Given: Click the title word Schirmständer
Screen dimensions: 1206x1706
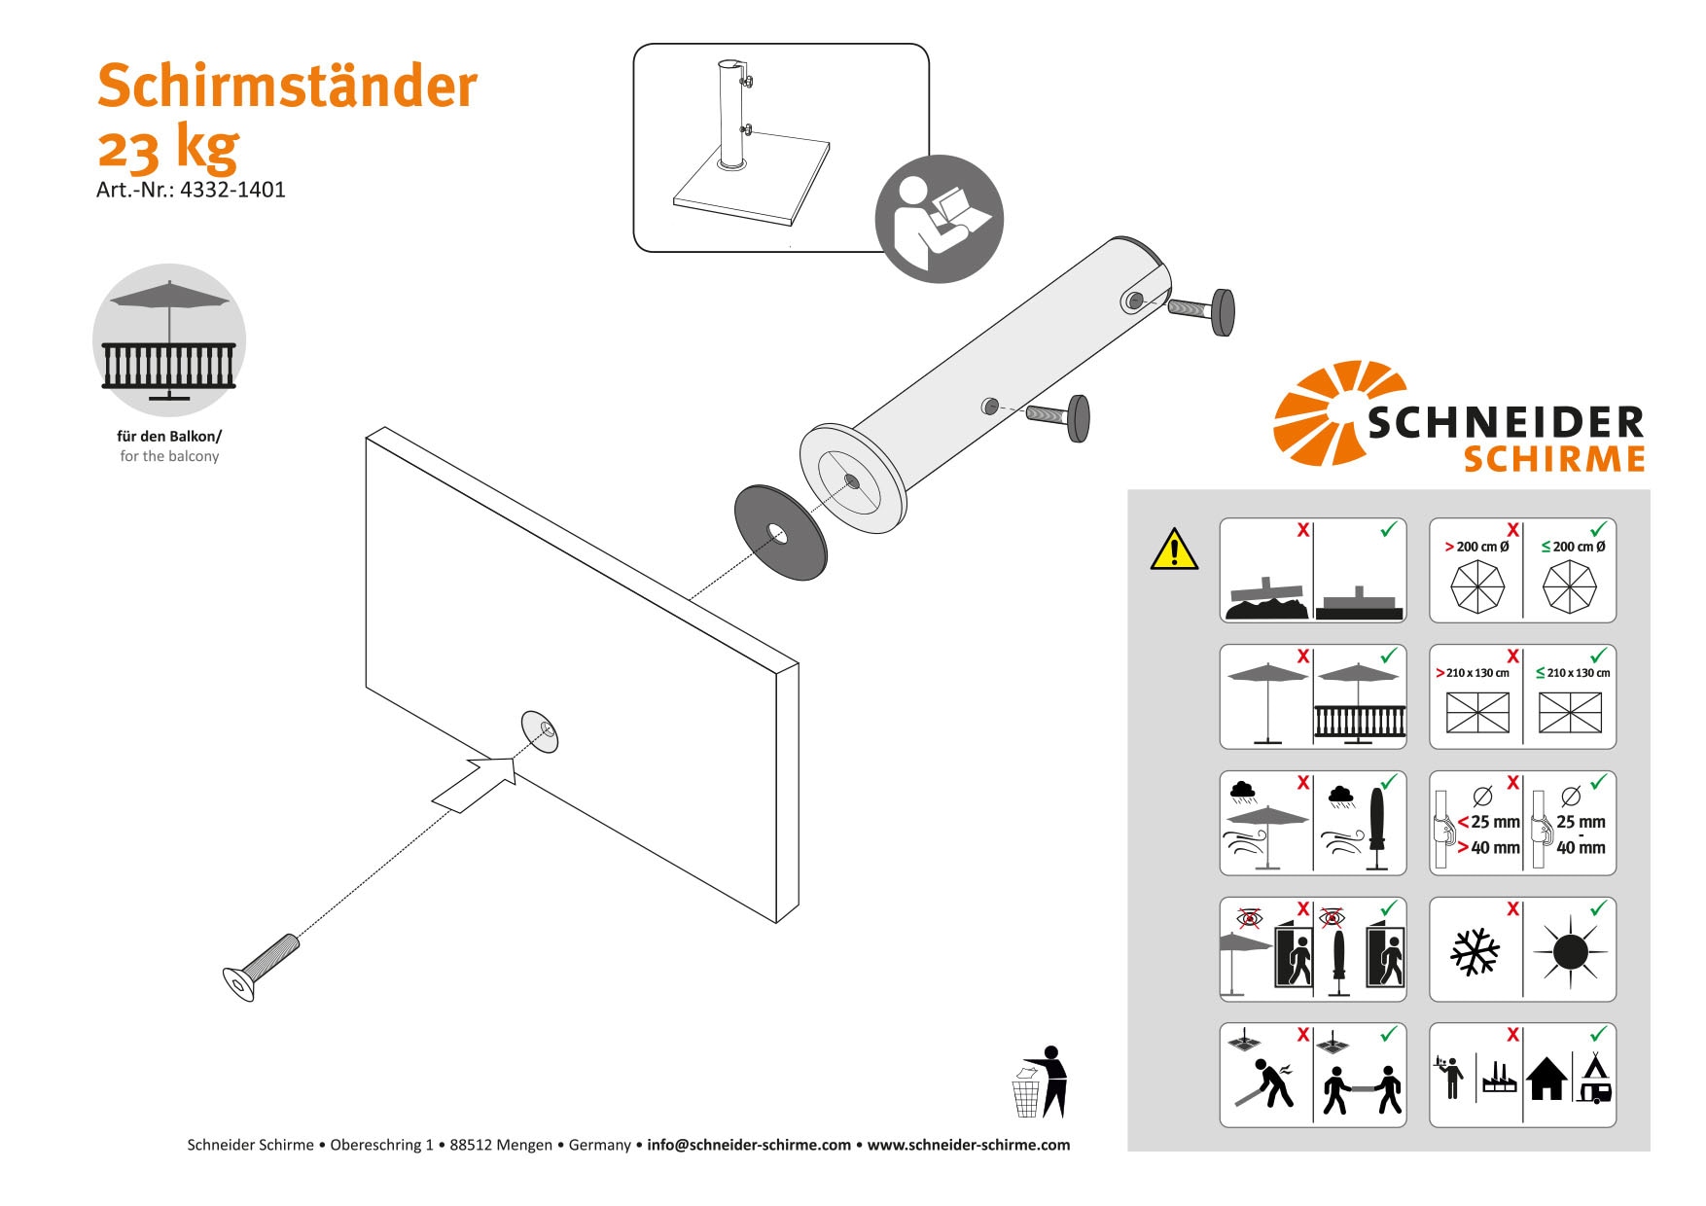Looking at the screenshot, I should click(287, 86).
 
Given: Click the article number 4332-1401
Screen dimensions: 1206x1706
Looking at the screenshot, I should click(232, 190).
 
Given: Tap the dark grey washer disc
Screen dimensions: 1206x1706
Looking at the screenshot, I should click(780, 533).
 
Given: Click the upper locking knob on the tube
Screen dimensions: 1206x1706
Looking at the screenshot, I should click(1222, 312).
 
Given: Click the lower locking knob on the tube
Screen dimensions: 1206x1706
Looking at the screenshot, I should click(1078, 418).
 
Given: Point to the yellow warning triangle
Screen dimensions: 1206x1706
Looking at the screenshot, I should click(1174, 550).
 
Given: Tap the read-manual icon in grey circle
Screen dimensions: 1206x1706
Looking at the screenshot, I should click(939, 219).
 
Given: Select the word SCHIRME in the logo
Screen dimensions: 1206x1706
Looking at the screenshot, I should click(1553, 459).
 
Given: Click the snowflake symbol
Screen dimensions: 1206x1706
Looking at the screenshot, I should click(1475, 951).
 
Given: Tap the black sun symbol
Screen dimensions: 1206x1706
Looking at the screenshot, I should click(1570, 951).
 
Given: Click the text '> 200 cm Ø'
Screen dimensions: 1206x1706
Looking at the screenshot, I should click(1476, 547).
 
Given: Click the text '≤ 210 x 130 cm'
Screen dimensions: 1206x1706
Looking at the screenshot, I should click(1572, 673).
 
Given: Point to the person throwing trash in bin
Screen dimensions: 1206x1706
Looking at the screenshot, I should click(1043, 1082).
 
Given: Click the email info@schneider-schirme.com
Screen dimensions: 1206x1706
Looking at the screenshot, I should click(748, 1145).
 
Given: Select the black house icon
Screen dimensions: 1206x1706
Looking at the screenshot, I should click(1546, 1079).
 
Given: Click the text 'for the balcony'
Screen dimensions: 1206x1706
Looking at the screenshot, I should click(169, 456).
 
